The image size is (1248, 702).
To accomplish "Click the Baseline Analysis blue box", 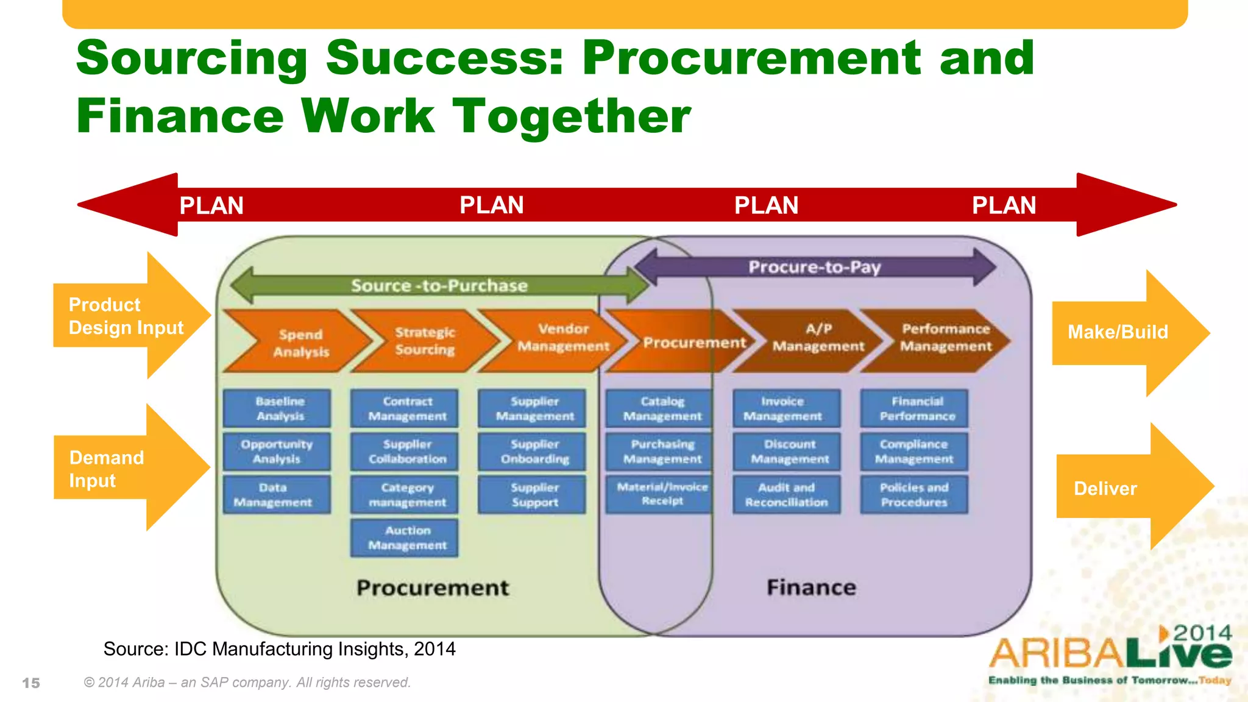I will point(277,408).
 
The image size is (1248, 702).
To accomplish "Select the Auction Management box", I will point(405,537).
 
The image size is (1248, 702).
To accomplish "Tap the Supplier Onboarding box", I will point(532,452).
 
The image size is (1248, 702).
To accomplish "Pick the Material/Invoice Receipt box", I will point(659,494).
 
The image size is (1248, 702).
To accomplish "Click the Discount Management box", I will point(787,452).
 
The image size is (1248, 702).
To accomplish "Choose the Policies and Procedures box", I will point(914,494).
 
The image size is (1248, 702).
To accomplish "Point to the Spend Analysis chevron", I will point(299,342).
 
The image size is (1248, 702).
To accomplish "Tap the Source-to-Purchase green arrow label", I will point(439,285).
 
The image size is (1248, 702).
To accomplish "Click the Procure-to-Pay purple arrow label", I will point(814,267).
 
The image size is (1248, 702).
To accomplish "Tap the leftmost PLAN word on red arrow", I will point(211,205).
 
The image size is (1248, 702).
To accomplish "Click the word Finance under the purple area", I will point(811,587).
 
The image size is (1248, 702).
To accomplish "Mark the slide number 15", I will point(31,683).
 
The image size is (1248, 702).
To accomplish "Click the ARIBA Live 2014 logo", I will point(1110,655).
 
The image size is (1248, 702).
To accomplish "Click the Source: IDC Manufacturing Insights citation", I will point(279,649).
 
